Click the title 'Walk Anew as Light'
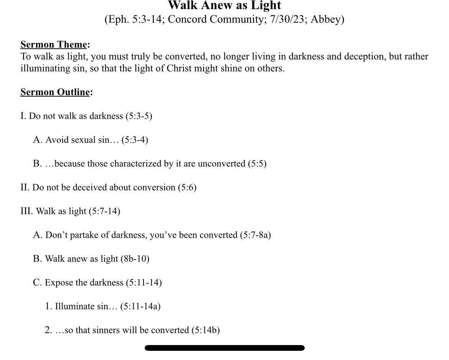[x=225, y=5]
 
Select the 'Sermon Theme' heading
[x=54, y=44]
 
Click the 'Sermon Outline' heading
[x=55, y=92]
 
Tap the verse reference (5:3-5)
[x=139, y=116]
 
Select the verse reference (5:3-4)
[x=135, y=140]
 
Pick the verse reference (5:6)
[x=187, y=187]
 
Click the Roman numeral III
[x=26, y=211]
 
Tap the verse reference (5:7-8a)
[x=256, y=235]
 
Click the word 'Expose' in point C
[x=59, y=283]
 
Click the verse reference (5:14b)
[x=206, y=330]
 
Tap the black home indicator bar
[x=225, y=348]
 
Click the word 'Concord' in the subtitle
[x=187, y=20]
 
